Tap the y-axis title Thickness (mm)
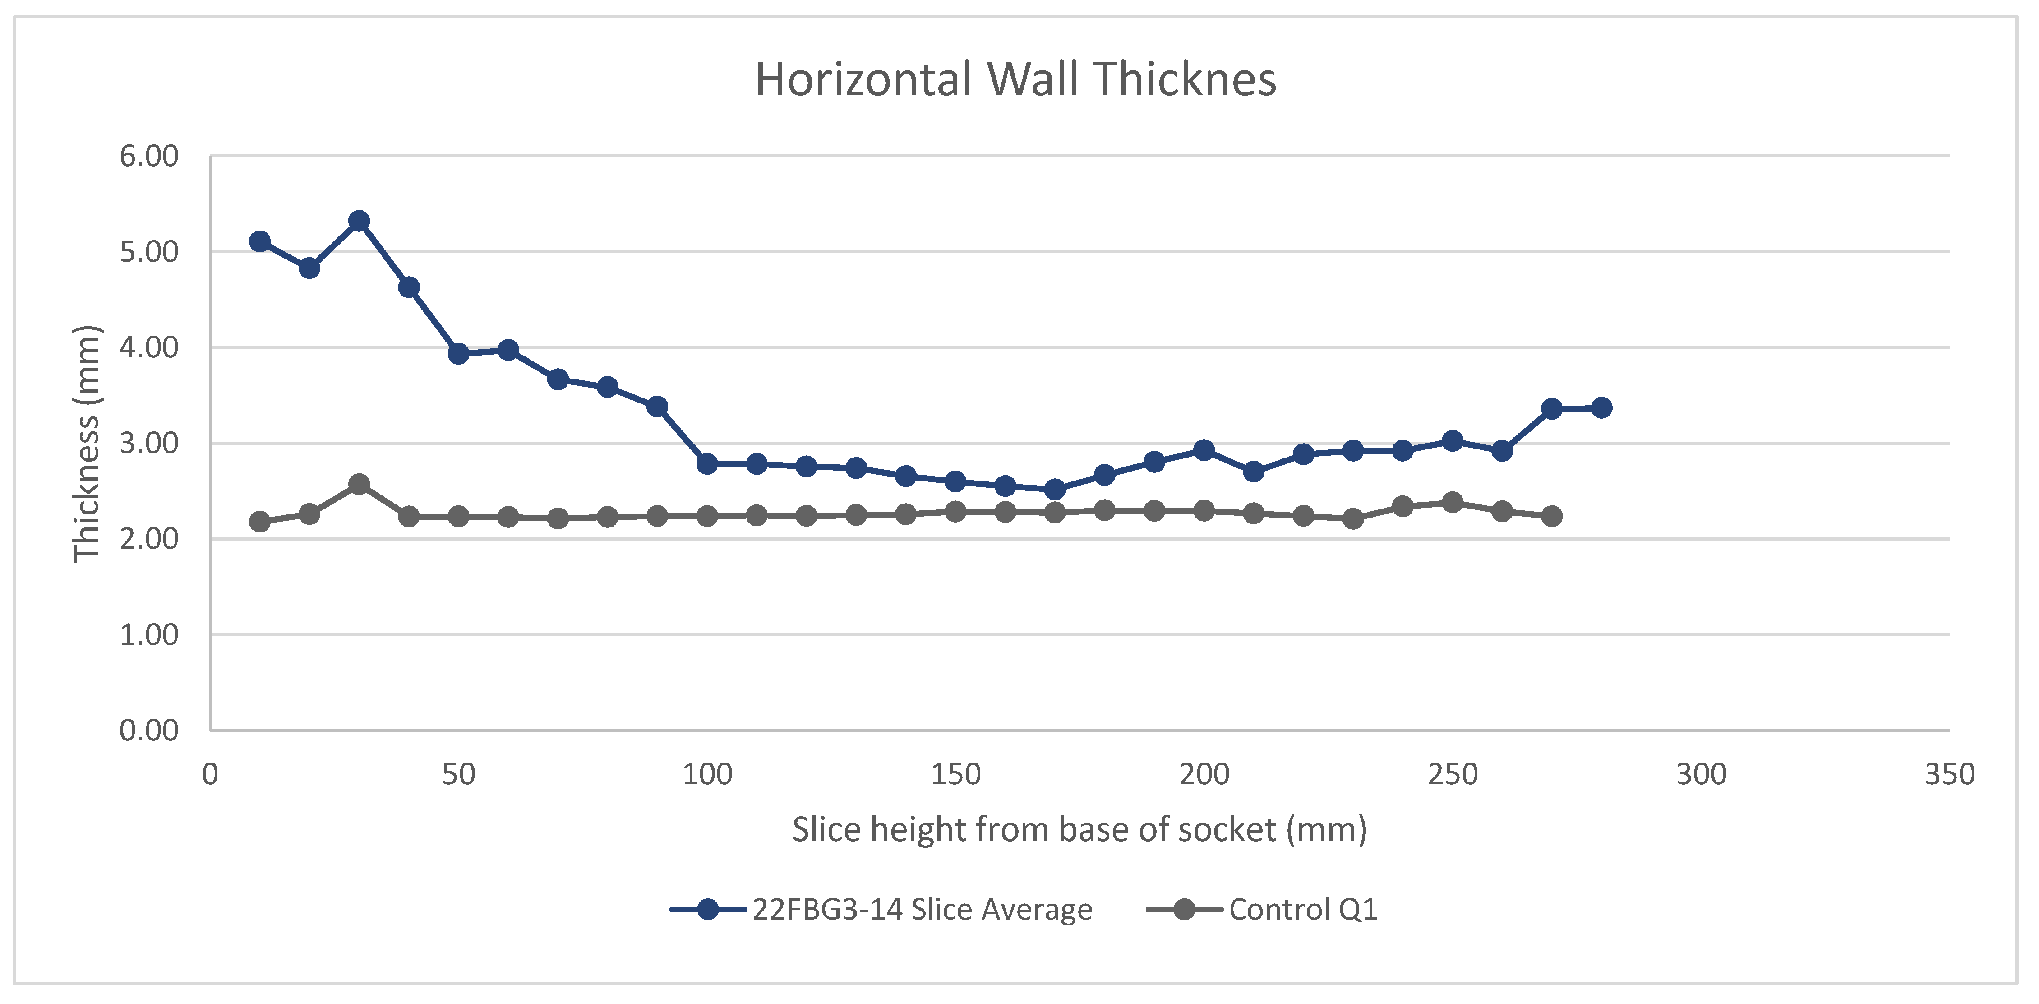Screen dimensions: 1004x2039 click(x=86, y=444)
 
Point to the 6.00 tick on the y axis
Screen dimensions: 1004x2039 click(x=149, y=156)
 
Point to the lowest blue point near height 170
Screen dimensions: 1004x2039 click(x=1054, y=489)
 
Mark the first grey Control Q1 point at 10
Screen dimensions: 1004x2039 click(x=260, y=522)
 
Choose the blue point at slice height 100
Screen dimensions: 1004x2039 click(x=707, y=464)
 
